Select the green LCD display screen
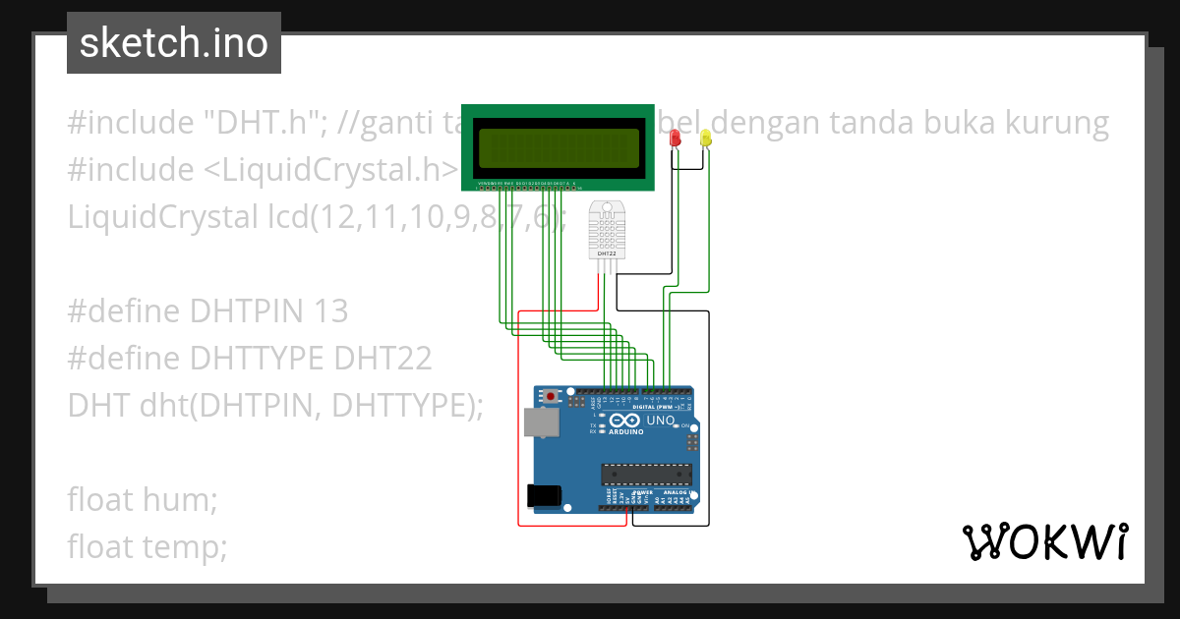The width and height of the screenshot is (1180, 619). [x=558, y=147]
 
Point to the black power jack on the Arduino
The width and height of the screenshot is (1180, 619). [x=545, y=496]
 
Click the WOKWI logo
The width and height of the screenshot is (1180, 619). [x=1045, y=541]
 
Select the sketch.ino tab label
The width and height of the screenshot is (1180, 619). [x=174, y=43]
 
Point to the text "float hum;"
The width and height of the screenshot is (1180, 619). [x=143, y=499]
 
